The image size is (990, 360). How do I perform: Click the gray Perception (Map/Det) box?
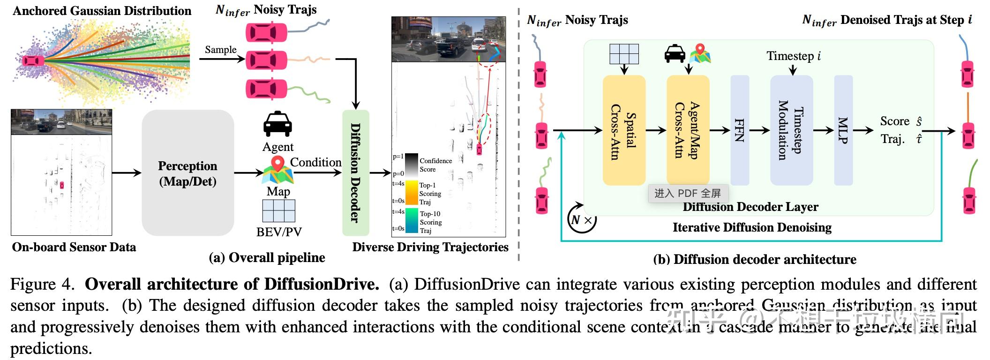(187, 173)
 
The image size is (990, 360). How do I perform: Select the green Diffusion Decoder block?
(356, 172)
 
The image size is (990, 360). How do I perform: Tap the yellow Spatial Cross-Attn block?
(624, 130)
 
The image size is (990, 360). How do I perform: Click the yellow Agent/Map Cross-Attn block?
(688, 130)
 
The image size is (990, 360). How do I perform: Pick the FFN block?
(740, 130)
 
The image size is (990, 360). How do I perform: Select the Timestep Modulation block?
(791, 130)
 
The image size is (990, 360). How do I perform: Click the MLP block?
(843, 130)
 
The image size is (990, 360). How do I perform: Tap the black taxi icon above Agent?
(277, 125)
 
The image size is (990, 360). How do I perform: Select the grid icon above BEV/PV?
(279, 211)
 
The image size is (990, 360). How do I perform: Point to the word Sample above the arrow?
(220, 50)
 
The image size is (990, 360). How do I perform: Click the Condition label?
(315, 162)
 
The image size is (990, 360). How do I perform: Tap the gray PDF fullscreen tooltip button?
(687, 193)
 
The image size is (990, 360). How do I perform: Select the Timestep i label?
(793, 56)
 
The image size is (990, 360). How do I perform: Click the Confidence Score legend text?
(435, 165)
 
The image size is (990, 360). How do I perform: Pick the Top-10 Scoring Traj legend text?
(430, 222)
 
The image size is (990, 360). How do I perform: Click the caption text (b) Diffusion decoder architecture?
(755, 259)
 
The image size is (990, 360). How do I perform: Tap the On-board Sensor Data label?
(74, 247)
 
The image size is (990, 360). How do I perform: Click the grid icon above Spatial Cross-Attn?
(624, 54)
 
